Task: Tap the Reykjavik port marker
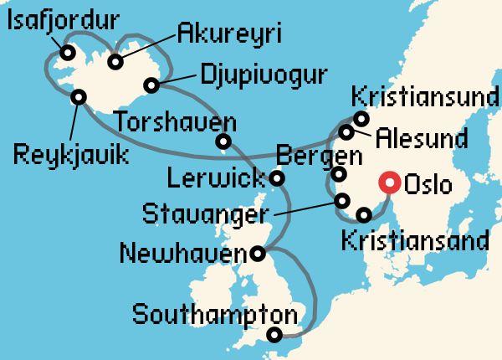coord(79,96)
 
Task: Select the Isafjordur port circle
coord(65,53)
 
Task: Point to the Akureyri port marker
coord(115,61)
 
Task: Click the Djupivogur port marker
coord(151,85)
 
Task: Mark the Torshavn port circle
coord(223,141)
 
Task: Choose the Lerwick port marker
coord(277,177)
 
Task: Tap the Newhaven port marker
coord(259,252)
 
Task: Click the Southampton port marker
coord(274,336)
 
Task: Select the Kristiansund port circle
coord(361,118)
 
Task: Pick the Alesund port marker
coord(346,132)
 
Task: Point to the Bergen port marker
coord(339,174)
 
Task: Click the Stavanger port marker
coord(341,201)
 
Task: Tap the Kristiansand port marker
coord(364,214)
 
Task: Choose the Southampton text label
coord(215,316)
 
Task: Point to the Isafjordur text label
coord(61,20)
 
